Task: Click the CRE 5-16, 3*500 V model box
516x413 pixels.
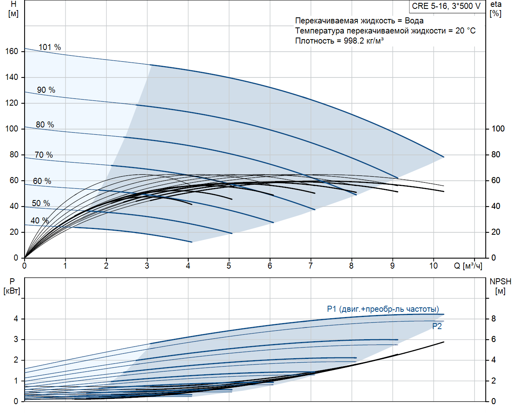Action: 446,6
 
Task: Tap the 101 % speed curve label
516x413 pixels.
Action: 50,47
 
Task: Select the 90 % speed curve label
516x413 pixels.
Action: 46,90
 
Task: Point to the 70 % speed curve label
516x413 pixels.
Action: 44,155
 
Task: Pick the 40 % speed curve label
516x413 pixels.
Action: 40,221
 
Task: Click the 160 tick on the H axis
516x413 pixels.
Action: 12,51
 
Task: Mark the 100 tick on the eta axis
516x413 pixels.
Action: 498,129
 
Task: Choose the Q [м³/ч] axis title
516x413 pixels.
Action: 468,266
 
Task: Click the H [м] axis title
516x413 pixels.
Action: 13,9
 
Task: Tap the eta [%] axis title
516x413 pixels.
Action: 496,9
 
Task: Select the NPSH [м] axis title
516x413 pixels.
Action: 500,286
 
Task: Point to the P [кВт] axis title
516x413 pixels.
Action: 12,286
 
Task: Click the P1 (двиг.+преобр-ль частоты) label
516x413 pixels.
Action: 383,309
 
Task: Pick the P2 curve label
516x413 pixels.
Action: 437,326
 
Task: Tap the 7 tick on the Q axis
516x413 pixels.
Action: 310,266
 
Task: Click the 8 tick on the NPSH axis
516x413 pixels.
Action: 493,319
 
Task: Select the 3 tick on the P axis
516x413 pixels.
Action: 16,339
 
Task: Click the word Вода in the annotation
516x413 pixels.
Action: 414,21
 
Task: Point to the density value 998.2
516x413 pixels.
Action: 354,41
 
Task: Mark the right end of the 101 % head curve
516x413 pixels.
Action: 444,157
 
